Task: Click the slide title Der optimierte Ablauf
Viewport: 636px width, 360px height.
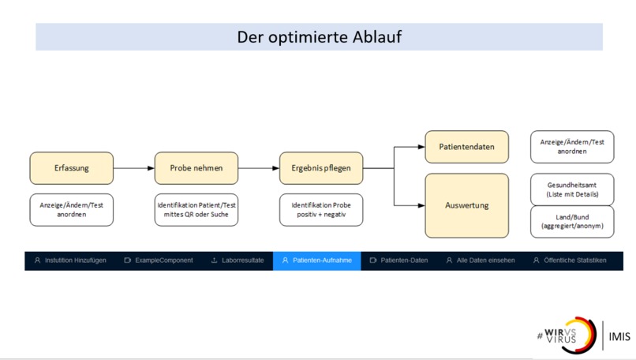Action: click(x=319, y=37)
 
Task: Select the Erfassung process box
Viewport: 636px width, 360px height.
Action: click(x=71, y=168)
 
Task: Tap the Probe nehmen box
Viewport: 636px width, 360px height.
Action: click(x=196, y=168)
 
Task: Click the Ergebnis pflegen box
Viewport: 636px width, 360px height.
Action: click(x=321, y=168)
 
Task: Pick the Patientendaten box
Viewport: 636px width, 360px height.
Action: click(x=466, y=147)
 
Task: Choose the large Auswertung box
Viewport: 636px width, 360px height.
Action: click(x=466, y=205)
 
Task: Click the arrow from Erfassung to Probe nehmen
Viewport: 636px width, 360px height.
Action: click(x=134, y=168)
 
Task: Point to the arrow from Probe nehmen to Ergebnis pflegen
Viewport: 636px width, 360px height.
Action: click(x=259, y=168)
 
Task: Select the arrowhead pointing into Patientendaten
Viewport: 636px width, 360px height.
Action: click(x=421, y=147)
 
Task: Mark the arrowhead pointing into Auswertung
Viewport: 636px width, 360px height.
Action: click(x=421, y=205)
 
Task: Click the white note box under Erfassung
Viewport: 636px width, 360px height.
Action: click(x=71, y=210)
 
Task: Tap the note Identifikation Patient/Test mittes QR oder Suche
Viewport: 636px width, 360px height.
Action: click(x=196, y=210)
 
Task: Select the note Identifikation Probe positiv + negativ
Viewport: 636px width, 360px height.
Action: click(x=321, y=210)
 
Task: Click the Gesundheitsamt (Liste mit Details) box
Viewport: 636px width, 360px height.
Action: click(x=572, y=189)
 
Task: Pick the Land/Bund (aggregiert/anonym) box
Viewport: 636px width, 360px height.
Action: click(x=572, y=222)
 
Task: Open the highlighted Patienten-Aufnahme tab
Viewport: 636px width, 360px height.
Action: click(x=316, y=261)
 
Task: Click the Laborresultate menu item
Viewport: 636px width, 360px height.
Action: click(x=238, y=261)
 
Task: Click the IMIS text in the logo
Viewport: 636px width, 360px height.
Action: click(x=619, y=336)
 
